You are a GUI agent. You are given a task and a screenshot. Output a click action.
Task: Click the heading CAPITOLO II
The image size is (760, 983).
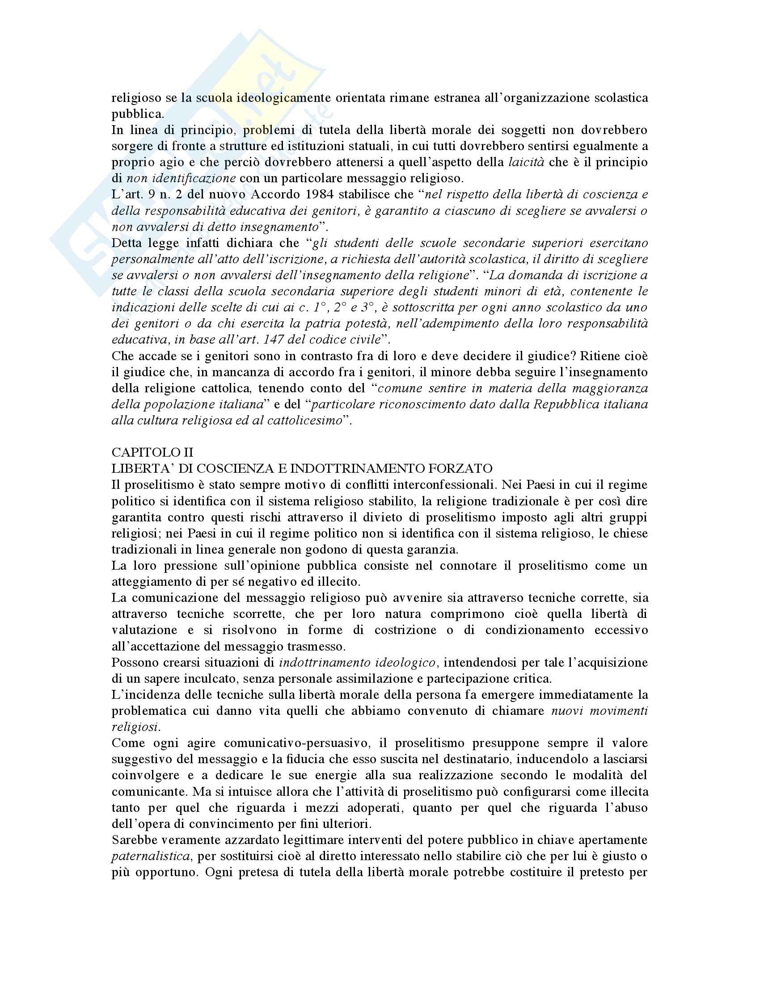(x=152, y=452)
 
